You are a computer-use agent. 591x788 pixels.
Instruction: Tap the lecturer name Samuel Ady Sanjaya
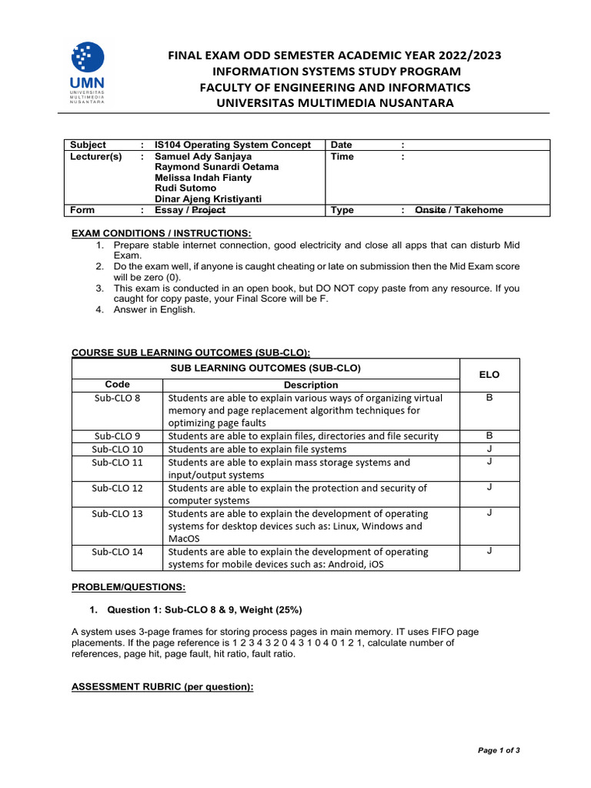[203, 155]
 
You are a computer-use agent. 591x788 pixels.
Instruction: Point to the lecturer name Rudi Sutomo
[185, 188]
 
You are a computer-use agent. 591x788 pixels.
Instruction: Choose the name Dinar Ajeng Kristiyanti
[208, 199]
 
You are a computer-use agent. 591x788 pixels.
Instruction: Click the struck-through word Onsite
[430, 210]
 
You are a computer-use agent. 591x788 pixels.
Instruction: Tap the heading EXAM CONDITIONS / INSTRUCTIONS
[161, 233]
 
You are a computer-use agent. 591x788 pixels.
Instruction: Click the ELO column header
[489, 374]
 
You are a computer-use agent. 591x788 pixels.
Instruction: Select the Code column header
[117, 385]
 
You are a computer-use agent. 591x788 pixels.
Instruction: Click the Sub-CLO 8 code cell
[117, 398]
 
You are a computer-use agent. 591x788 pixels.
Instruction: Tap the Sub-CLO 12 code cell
[117, 488]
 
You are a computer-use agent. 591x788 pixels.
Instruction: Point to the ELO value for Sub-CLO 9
[489, 435]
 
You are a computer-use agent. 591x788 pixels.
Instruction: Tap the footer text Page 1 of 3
[499, 750]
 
